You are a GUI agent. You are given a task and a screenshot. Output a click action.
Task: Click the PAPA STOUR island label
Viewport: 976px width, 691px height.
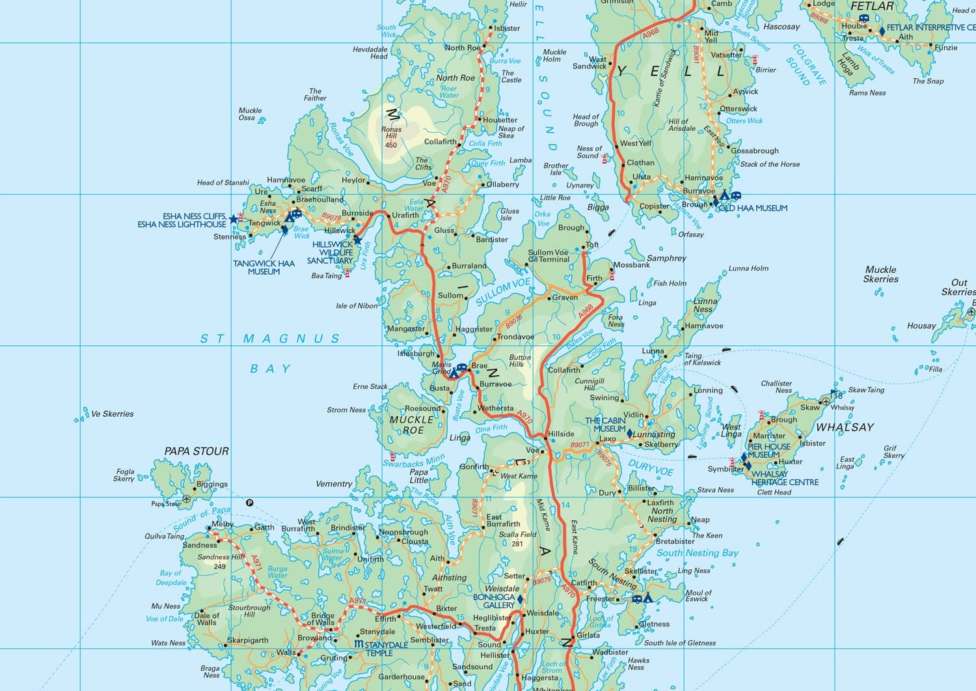[197, 451]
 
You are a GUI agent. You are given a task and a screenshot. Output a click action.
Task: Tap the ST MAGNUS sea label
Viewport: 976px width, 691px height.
[269, 339]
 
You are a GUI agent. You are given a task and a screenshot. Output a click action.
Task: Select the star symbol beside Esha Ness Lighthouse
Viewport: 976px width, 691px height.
[234, 219]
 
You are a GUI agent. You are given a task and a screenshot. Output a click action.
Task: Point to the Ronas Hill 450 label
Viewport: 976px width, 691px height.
[391, 137]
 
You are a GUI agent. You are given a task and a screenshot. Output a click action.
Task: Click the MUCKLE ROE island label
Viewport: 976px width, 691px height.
[411, 425]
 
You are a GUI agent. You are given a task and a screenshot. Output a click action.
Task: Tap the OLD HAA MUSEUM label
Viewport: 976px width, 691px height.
[753, 208]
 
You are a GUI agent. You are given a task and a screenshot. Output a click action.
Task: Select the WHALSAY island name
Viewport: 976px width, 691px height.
[845, 427]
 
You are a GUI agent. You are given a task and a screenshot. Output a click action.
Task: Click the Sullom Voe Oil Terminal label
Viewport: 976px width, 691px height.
[549, 256]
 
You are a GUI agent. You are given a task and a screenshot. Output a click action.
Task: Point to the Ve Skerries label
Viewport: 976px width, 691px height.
[112, 414]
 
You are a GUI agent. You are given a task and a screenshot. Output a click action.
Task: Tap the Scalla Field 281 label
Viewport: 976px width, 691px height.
[517, 539]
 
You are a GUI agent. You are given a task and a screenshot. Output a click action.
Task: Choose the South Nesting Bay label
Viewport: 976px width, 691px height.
[698, 553]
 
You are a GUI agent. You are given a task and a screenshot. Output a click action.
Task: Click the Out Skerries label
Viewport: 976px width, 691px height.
[958, 287]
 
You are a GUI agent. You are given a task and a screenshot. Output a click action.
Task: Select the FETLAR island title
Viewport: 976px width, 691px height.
[872, 6]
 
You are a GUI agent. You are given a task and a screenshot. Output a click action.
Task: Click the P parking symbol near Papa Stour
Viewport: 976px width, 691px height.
[249, 502]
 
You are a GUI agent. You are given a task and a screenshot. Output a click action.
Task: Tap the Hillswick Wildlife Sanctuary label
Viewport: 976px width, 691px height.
[332, 253]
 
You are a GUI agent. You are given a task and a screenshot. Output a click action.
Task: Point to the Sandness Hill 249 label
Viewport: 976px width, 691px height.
[220, 561]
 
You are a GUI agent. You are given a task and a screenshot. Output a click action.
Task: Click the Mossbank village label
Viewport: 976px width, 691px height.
[631, 265]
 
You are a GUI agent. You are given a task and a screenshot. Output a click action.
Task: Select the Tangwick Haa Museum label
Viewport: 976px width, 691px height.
[264, 268]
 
